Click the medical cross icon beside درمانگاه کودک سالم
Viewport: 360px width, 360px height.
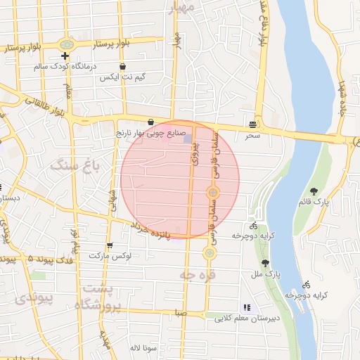point(65,56)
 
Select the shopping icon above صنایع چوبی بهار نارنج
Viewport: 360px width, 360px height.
point(150,122)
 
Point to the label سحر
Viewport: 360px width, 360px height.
point(252,134)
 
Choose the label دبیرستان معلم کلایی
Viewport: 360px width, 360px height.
point(247,318)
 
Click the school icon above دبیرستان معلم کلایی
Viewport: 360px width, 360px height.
point(246,307)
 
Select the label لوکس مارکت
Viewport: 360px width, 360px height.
point(110,255)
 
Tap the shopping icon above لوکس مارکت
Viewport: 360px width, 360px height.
point(109,245)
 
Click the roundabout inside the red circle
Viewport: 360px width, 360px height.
point(212,192)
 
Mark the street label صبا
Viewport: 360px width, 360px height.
point(181,314)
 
